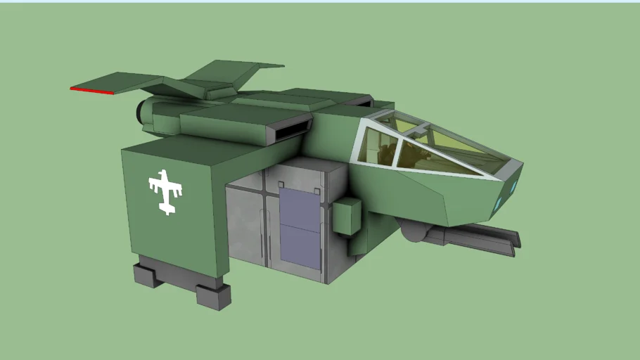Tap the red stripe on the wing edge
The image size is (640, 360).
[91, 90]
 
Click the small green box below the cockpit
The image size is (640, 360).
[347, 215]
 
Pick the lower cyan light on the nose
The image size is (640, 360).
[499, 204]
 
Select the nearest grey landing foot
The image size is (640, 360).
[214, 295]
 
